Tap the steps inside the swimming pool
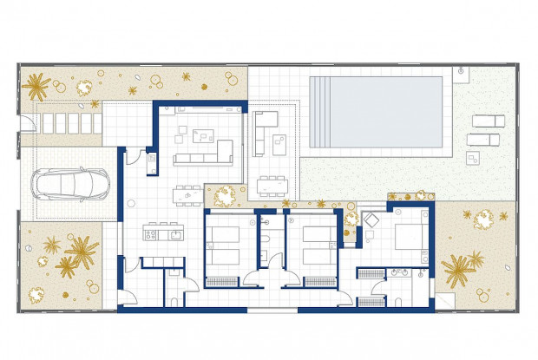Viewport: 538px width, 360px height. click(x=325, y=113)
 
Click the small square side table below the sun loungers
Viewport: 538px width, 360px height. click(x=474, y=157)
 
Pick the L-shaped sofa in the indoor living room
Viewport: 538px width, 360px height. click(x=205, y=154)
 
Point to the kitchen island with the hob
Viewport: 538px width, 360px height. click(x=163, y=233)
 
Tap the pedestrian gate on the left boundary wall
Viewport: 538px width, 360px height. click(x=26, y=130)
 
